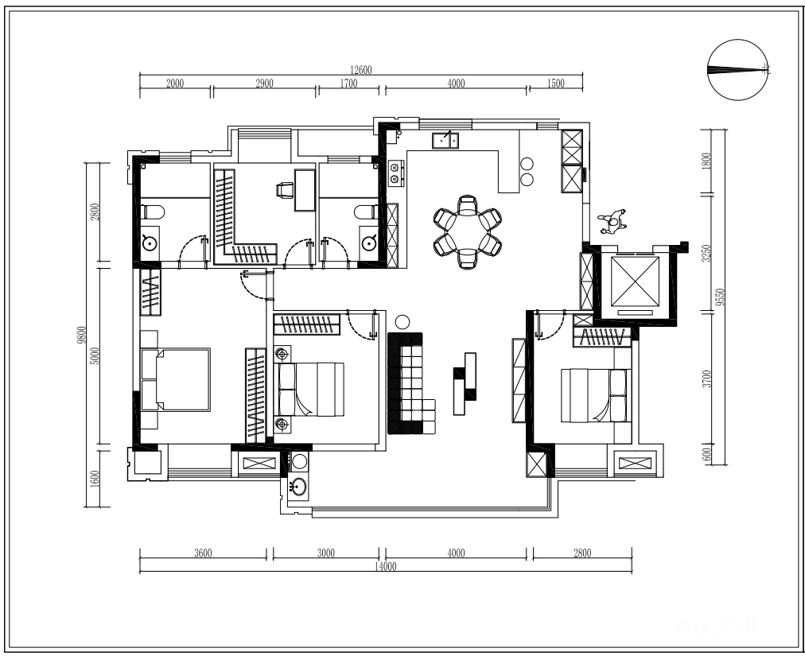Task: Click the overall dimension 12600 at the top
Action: tap(360, 70)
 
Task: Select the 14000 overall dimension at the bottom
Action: tap(386, 567)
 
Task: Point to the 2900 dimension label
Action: tap(264, 83)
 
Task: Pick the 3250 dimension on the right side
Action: tap(707, 253)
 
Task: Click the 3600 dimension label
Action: tap(203, 553)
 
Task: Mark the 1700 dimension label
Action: tap(348, 83)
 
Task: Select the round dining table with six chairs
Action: tap(467, 232)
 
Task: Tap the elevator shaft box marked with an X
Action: tap(635, 281)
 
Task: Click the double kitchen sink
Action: tap(445, 140)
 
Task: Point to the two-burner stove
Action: tap(395, 173)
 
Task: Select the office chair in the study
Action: tap(285, 190)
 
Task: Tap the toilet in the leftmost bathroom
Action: tap(153, 212)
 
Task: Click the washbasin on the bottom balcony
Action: tap(297, 485)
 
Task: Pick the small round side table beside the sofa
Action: tap(402, 322)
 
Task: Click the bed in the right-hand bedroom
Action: tap(596, 395)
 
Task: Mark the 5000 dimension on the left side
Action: tap(95, 355)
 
